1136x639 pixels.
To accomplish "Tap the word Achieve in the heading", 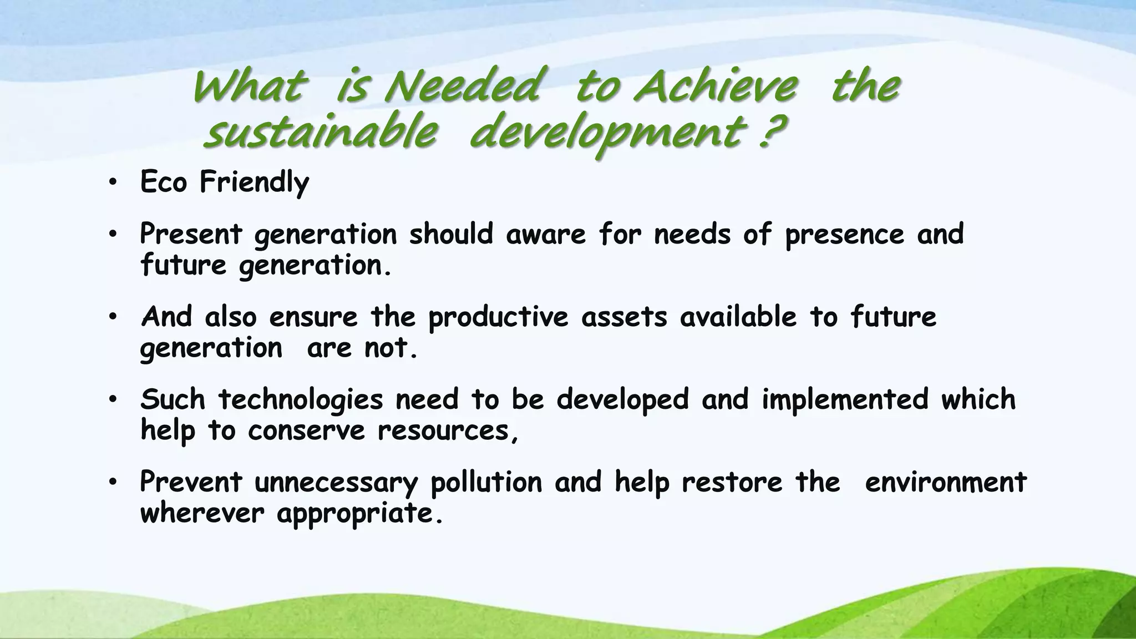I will [x=716, y=88].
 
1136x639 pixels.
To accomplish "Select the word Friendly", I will [x=254, y=182].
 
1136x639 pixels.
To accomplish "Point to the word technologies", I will [x=300, y=400].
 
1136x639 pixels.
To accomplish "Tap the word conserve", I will [x=306, y=430].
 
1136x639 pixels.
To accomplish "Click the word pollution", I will [x=486, y=482].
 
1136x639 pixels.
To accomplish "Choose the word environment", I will [x=946, y=482].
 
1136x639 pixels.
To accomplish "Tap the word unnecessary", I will [x=336, y=483].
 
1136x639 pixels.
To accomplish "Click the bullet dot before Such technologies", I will [x=113, y=400].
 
